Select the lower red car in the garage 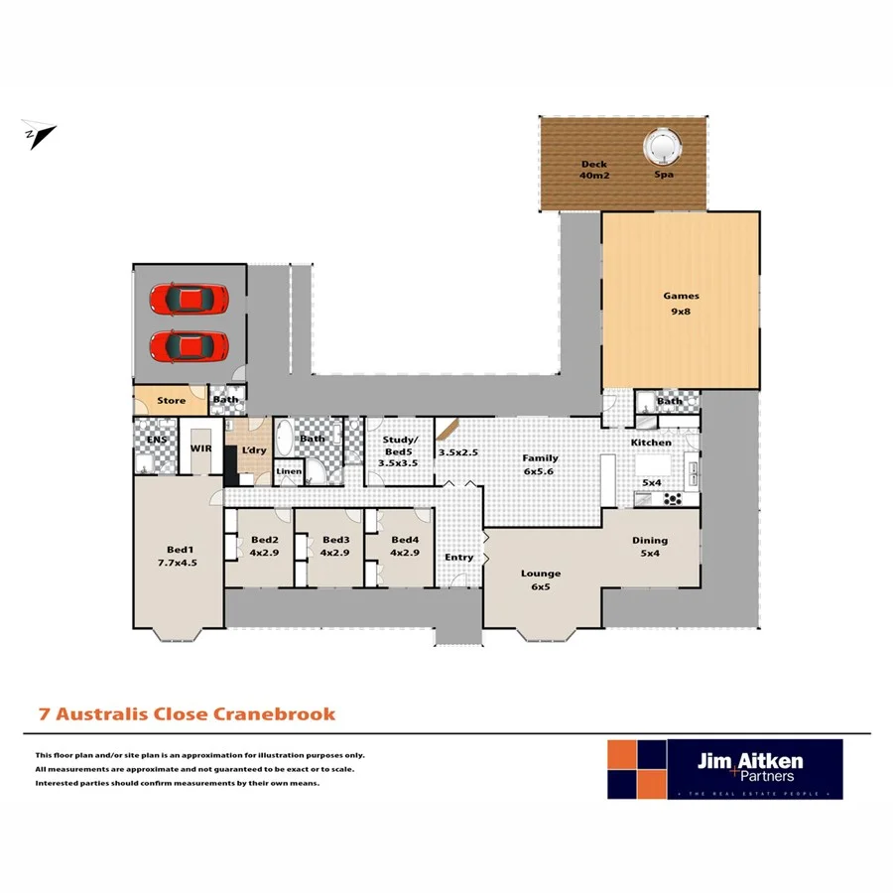190,346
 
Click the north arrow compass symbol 39,135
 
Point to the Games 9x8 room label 681,303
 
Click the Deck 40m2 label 594,171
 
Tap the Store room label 172,401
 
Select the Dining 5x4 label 650,547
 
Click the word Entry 458,558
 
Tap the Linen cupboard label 288,471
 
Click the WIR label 202,448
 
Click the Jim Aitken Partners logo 724,769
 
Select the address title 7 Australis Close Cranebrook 187,713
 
